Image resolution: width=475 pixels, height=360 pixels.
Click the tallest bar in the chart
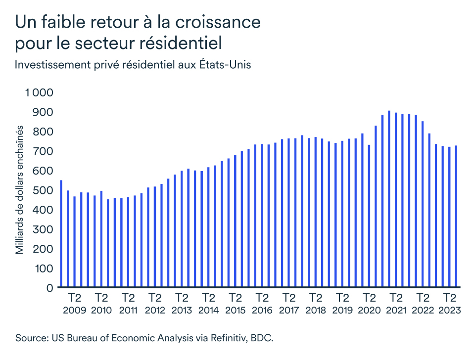(x=389, y=199)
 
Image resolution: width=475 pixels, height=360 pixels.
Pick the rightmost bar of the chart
(x=456, y=216)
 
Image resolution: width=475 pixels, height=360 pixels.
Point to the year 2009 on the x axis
(x=75, y=311)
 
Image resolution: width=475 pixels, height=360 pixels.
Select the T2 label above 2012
(x=155, y=298)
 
